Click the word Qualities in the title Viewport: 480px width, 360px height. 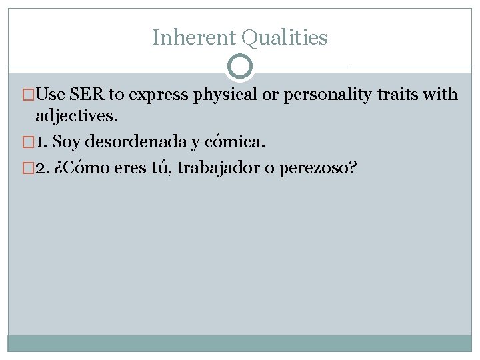(x=285, y=39)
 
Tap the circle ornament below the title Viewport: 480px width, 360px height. (x=240, y=67)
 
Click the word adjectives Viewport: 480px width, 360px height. (x=77, y=116)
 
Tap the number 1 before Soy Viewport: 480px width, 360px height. (x=41, y=141)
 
